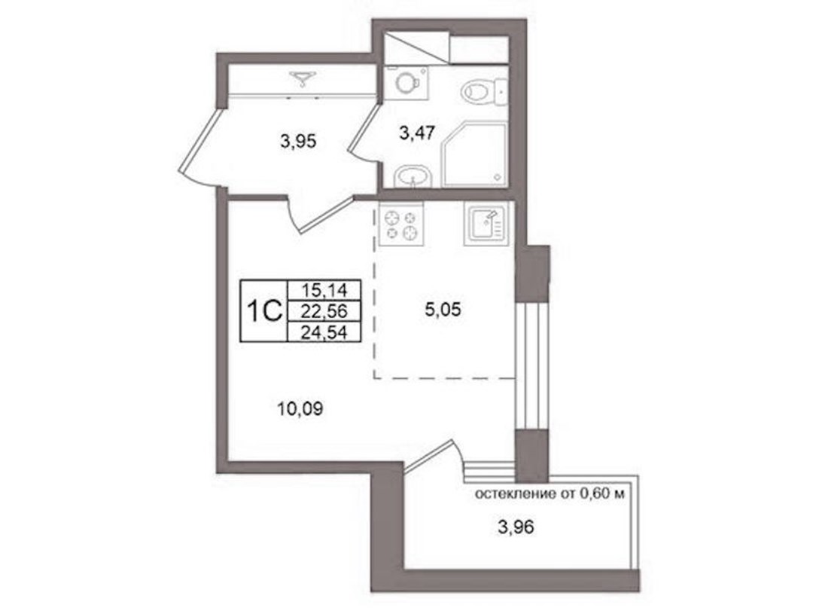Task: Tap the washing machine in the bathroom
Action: (x=407, y=82)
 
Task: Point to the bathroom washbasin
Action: (x=413, y=176)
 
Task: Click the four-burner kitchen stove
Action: (x=401, y=224)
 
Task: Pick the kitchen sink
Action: (x=486, y=224)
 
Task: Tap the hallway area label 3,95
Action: (x=297, y=141)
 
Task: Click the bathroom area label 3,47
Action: (x=417, y=133)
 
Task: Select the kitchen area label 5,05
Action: (x=443, y=310)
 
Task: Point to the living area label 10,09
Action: (x=300, y=409)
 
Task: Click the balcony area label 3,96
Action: (x=516, y=527)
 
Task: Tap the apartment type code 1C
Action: (x=264, y=311)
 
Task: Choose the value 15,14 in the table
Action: (x=324, y=289)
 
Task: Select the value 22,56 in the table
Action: (x=324, y=310)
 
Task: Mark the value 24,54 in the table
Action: (x=324, y=331)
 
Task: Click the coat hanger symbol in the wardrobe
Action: (x=303, y=78)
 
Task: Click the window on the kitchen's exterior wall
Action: (x=531, y=365)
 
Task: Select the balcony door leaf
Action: (x=429, y=456)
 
